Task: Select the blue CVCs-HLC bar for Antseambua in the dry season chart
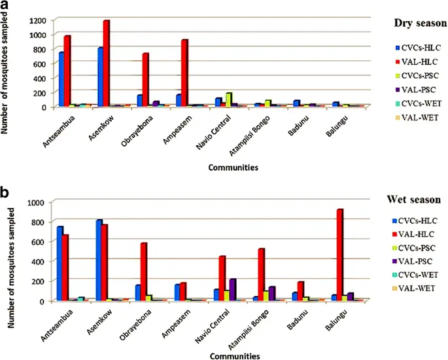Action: point(61,79)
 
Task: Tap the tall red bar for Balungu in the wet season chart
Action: point(358,255)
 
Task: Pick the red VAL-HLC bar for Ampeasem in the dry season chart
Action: point(185,73)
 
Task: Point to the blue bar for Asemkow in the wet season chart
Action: point(99,261)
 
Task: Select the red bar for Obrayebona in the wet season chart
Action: point(143,272)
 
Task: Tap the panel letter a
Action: point(7,6)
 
